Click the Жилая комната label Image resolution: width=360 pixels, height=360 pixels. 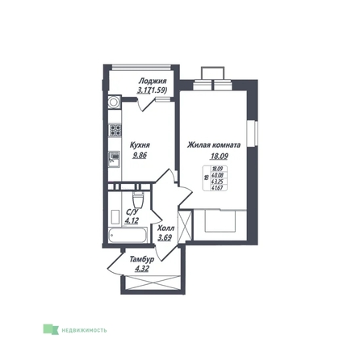click(x=213, y=145)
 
